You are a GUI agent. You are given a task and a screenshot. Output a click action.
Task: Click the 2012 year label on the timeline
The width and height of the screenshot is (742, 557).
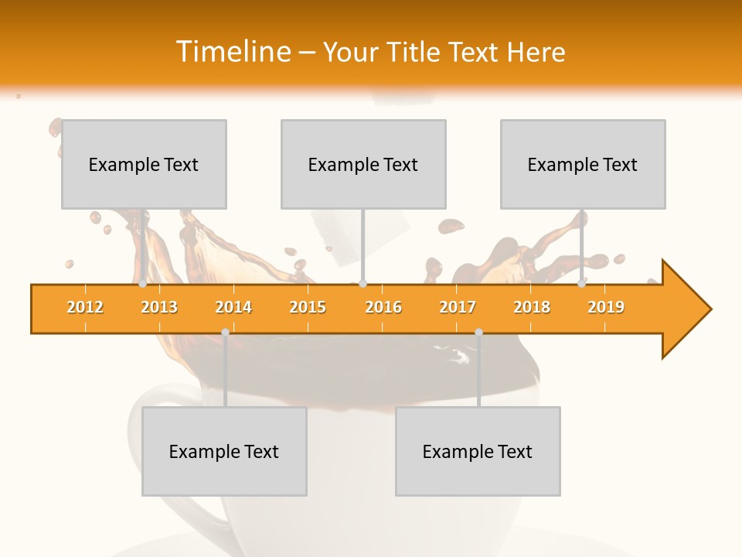click(x=85, y=307)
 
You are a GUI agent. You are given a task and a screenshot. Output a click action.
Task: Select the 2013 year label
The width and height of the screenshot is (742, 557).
click(x=159, y=307)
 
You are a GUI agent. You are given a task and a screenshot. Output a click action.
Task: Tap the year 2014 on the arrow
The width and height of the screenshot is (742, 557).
click(x=233, y=307)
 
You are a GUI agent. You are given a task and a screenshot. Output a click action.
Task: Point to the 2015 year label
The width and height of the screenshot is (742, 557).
click(x=308, y=307)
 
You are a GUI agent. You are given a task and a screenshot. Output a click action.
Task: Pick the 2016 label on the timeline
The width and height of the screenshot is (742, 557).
click(x=383, y=307)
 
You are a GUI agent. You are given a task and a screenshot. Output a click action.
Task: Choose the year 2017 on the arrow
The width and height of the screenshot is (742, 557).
click(x=458, y=307)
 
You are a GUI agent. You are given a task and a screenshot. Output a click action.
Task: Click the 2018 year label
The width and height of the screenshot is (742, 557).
click(x=532, y=307)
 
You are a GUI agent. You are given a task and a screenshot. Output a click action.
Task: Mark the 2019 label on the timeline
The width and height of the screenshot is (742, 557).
click(x=606, y=307)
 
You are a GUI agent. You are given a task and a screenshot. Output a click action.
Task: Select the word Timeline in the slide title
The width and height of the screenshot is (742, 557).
click(x=233, y=52)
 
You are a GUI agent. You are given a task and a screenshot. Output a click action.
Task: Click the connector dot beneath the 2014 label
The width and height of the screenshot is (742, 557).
click(x=225, y=332)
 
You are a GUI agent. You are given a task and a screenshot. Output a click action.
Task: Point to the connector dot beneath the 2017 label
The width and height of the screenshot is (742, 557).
click(x=478, y=332)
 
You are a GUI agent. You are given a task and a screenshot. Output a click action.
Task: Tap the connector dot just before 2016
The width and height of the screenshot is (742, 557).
click(x=362, y=284)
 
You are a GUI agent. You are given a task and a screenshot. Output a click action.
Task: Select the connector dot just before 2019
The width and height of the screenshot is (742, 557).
click(x=582, y=284)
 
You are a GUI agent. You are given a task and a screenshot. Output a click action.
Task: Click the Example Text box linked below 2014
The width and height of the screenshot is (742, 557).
click(x=224, y=451)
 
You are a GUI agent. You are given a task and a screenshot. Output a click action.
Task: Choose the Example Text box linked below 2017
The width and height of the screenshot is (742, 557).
click(x=478, y=451)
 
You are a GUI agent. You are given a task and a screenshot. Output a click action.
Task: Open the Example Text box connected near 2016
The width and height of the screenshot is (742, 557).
click(x=363, y=164)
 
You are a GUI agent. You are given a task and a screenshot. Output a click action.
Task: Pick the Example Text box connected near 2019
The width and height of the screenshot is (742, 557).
click(x=583, y=164)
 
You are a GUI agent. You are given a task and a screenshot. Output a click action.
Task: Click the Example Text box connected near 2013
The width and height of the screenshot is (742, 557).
click(x=144, y=164)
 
